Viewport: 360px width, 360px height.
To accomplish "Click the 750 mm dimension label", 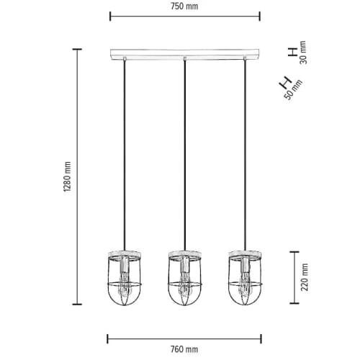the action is point(184,6).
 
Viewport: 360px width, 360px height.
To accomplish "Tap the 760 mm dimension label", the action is point(184,349).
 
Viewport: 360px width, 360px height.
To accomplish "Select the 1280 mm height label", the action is point(68,176).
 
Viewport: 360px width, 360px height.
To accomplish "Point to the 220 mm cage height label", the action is point(305,277).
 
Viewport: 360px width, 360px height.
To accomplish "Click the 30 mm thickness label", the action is point(303,53).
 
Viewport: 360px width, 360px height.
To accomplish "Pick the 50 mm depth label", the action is point(293,89).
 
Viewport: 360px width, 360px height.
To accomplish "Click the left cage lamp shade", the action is point(125,278).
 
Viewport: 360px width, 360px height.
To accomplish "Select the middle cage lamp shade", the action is point(184,278).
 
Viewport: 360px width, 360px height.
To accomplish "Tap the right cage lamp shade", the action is point(245,278).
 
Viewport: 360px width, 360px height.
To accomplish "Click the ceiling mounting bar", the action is point(185,54).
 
